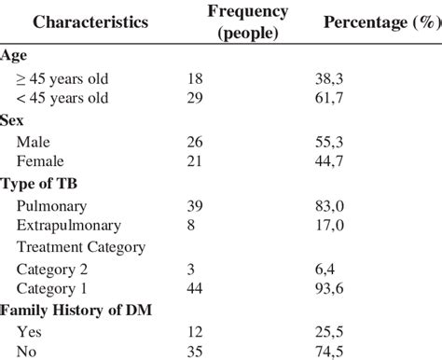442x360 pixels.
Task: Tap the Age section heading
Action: tap(14, 55)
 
